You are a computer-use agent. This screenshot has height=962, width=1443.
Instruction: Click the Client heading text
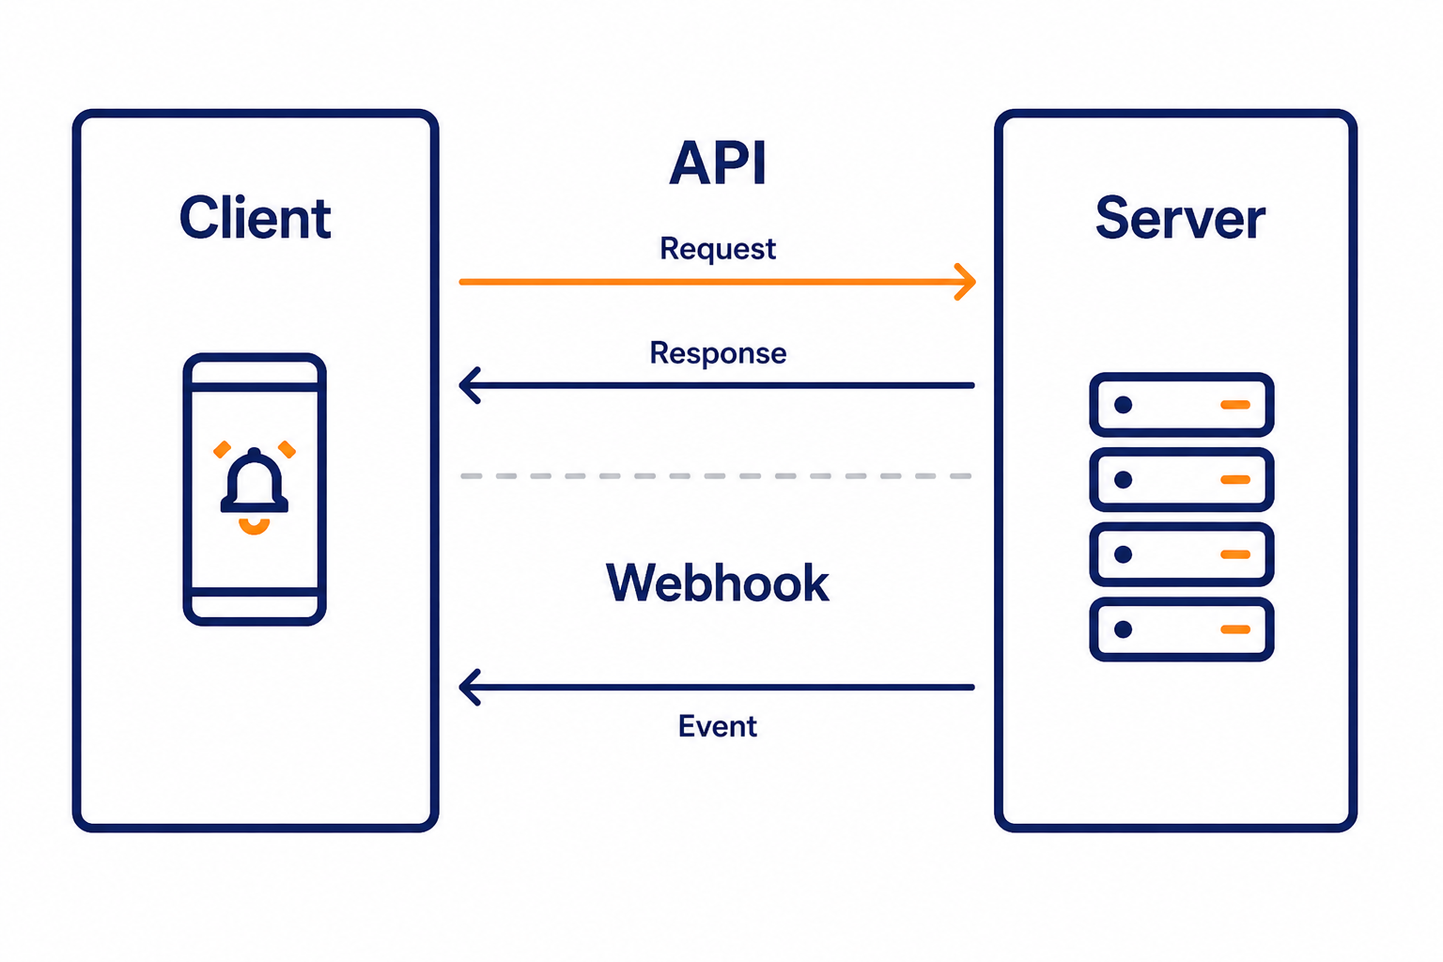256,218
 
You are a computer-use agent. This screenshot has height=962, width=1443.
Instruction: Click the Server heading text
1180,218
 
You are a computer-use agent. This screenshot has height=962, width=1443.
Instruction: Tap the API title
718,163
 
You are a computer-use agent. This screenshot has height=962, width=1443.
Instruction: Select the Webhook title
717,582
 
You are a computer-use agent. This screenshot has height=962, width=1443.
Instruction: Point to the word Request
718,249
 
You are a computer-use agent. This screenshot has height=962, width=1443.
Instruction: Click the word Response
718,353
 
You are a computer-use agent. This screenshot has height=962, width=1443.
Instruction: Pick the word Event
717,726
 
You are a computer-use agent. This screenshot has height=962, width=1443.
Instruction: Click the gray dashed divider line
716,476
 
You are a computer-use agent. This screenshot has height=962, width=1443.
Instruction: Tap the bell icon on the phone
254,481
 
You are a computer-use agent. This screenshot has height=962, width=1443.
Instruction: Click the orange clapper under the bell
254,528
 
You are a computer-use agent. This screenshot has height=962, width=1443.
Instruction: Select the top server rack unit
1181,405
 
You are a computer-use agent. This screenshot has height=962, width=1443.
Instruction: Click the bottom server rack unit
1181,628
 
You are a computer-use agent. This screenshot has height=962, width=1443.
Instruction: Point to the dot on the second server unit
1123,479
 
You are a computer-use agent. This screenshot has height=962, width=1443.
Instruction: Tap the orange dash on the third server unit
1235,554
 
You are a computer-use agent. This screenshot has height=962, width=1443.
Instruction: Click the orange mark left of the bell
223,449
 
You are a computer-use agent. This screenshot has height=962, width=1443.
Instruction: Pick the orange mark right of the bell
287,449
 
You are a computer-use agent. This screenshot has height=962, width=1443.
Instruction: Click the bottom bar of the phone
255,592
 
